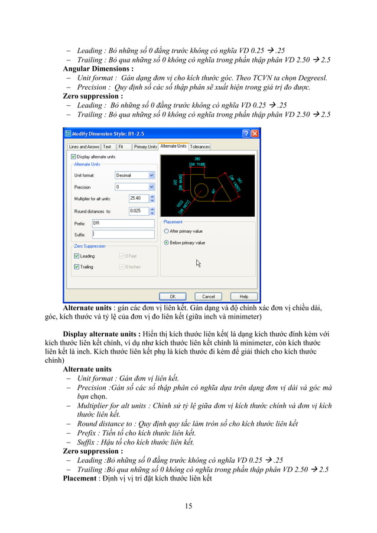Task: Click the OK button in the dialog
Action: tap(173, 296)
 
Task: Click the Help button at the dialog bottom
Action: tap(243, 296)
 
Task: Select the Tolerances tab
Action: tap(200, 146)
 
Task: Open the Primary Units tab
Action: tap(145, 146)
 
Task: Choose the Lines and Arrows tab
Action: tap(83, 146)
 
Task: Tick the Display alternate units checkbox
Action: tap(73, 157)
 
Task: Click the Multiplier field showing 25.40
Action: tap(139, 198)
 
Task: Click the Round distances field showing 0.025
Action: tap(139, 210)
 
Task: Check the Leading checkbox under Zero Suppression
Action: tap(76, 256)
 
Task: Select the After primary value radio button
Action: tap(167, 231)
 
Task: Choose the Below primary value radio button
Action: tap(167, 242)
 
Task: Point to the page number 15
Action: tap(188, 506)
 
